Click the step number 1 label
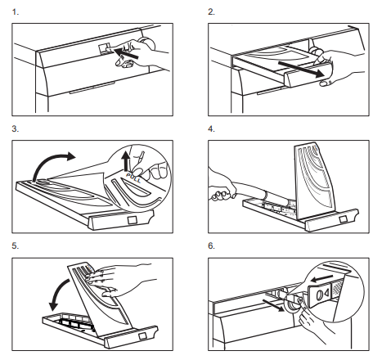click(16, 12)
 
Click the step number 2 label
click(211, 12)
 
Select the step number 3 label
click(16, 129)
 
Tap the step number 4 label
click(211, 129)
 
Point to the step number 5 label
click(16, 246)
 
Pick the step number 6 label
click(211, 246)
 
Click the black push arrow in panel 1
click(126, 53)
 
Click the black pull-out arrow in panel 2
click(301, 70)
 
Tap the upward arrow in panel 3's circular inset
click(126, 162)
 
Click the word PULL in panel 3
click(133, 178)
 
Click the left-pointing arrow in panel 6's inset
click(322, 279)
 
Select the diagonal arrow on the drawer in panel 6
click(273, 304)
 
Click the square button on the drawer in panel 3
click(133, 220)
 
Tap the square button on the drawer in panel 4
click(343, 219)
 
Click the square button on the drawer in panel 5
click(142, 335)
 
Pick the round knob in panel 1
click(147, 43)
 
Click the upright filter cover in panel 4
click(314, 181)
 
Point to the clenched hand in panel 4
click(222, 192)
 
